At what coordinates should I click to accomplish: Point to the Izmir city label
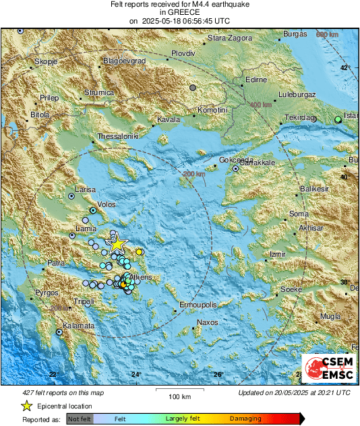(278, 254)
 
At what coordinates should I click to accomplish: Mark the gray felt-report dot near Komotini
(193, 88)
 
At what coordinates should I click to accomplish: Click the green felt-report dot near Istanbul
(338, 119)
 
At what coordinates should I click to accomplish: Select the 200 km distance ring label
(194, 175)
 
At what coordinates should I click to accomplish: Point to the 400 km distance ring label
(261, 105)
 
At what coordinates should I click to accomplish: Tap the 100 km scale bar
(179, 392)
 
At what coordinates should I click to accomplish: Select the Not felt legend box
(80, 419)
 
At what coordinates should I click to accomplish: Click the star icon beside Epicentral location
(27, 406)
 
